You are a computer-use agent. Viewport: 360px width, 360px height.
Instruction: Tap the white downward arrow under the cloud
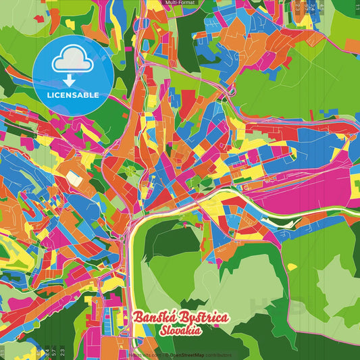point(68,81)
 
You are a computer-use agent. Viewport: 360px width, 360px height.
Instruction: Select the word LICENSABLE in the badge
point(73,95)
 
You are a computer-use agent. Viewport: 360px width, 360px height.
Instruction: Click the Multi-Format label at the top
point(180,3)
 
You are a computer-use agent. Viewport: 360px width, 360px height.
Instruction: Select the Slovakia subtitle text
point(182,331)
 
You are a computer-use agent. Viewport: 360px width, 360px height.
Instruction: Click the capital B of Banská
point(138,318)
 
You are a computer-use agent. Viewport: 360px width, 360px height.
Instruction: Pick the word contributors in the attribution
point(219,355)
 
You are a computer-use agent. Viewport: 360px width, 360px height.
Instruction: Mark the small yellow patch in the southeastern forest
point(292,267)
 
